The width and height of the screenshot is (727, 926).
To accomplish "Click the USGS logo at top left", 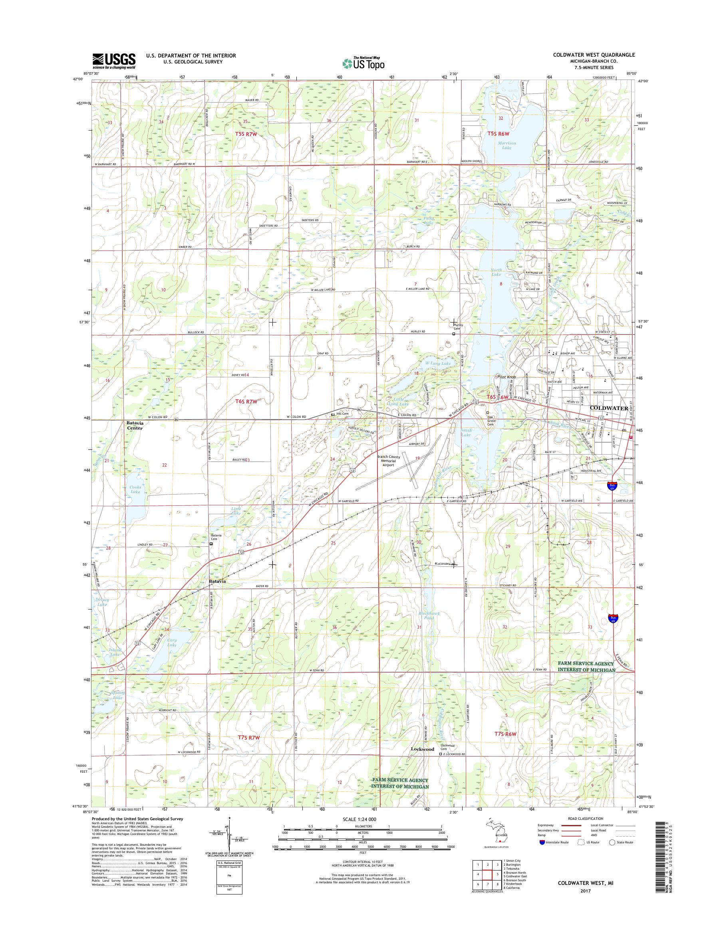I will [x=114, y=61].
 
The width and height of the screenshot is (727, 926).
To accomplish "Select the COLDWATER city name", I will [x=609, y=408].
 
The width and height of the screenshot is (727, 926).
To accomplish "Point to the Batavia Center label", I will [x=135, y=426].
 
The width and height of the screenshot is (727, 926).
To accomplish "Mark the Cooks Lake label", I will [x=135, y=489].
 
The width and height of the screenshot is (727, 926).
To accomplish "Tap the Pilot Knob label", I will [x=506, y=377].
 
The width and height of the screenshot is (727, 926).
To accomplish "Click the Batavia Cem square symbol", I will [x=211, y=543].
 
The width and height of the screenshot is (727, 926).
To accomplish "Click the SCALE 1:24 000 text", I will [x=359, y=819].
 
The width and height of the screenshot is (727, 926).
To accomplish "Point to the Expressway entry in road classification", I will [x=546, y=825].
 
